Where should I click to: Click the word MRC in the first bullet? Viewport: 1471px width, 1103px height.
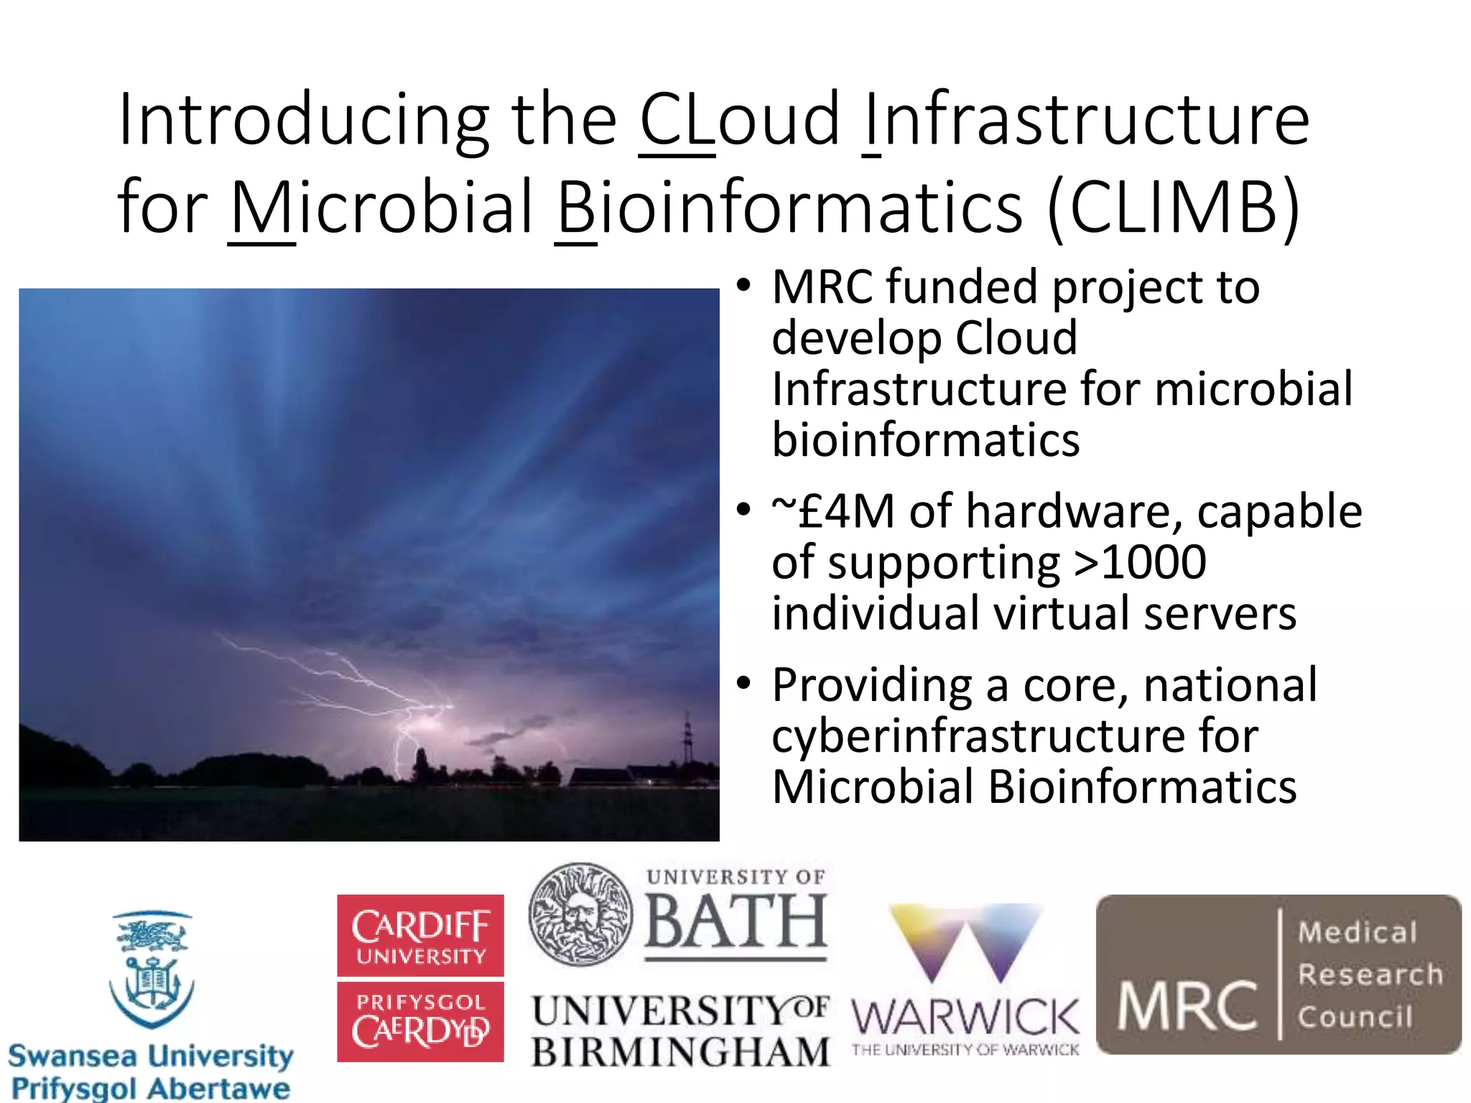tap(822, 287)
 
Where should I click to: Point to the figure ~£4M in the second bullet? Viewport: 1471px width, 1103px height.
tap(833, 511)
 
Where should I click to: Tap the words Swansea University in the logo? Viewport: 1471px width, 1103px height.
tap(151, 1056)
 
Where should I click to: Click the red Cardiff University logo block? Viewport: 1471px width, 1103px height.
tap(420, 935)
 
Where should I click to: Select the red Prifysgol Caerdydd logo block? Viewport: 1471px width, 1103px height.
tap(420, 1022)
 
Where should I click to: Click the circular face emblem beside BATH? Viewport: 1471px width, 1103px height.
tap(580, 914)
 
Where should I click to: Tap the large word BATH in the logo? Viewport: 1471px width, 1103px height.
tap(735, 922)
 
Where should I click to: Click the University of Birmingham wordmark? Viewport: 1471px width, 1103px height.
tap(679, 1032)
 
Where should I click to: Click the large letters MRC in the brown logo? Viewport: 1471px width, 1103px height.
tap(1187, 1007)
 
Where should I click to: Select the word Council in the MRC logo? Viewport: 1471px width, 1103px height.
tap(1355, 1017)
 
